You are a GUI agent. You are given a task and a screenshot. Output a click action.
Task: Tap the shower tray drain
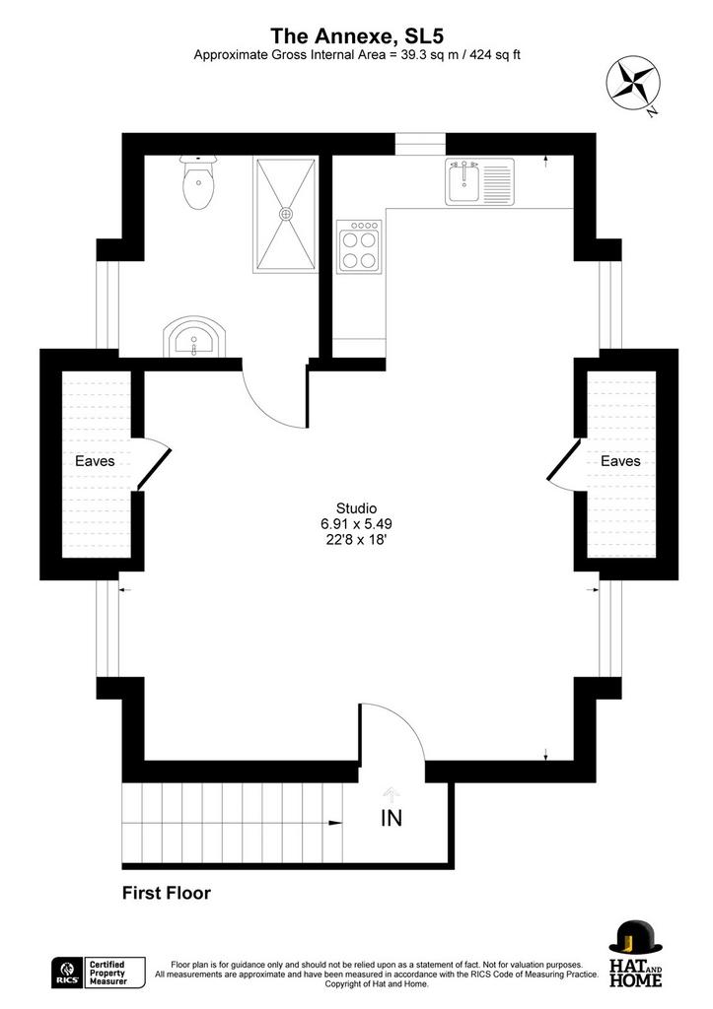pos(285,214)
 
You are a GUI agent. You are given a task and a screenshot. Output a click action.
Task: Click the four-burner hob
pos(359,246)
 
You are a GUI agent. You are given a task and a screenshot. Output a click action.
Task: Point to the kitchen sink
pos(480,182)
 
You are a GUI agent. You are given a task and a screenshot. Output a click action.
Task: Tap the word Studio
pos(356,508)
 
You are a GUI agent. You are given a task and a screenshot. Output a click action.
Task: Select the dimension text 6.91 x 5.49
pos(356,524)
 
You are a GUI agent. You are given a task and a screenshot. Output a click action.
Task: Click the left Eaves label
pos(95,461)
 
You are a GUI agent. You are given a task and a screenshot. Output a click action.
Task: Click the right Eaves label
pos(620,461)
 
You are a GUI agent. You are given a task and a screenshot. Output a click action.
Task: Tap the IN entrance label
pos(392,819)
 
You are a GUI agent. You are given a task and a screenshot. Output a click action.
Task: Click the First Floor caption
pos(167,893)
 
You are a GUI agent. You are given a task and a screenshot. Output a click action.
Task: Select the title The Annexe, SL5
pos(357,35)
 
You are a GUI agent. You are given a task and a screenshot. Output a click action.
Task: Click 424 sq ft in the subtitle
pos(495,55)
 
